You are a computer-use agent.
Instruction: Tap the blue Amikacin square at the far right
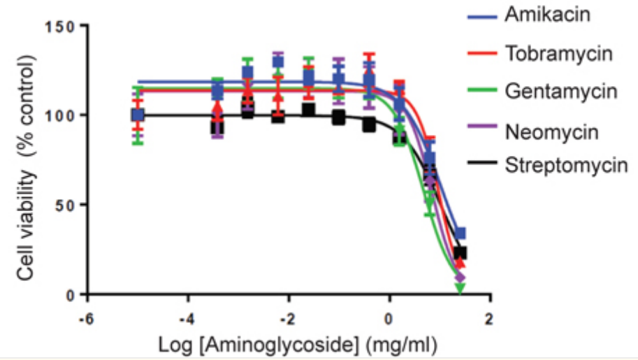point(460,233)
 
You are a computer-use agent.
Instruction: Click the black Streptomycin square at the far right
point(460,253)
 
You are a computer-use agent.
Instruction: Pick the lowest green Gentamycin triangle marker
point(459,288)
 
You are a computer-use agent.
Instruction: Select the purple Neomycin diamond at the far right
point(459,278)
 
